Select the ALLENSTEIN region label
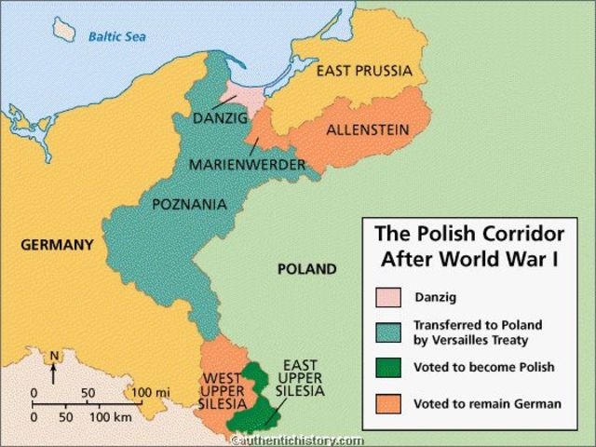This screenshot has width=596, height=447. [368, 130]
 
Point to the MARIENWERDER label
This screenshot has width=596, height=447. [248, 165]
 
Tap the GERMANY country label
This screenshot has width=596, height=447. [56, 246]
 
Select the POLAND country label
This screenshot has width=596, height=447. [306, 269]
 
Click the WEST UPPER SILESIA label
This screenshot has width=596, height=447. [223, 390]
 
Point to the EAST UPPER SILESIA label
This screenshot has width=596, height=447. [299, 377]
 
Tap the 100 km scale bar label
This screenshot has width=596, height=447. [110, 416]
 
